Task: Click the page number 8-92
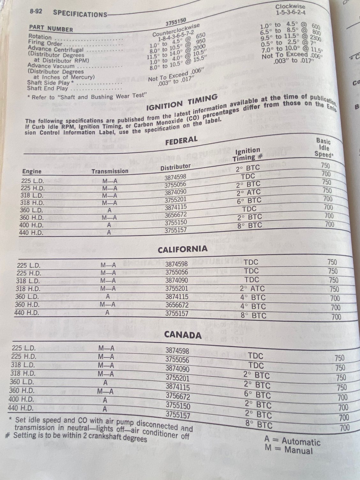pos(36,12)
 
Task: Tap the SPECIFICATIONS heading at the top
pos(80,14)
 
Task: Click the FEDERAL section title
pos(181,140)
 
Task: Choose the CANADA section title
pos(183,335)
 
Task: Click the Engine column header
pos(32,171)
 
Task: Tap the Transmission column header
pos(110,171)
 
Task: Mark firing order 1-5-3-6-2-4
pos(290,13)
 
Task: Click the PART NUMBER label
pos(51,29)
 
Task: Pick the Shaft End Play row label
pos(48,88)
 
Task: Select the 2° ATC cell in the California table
pos(252,289)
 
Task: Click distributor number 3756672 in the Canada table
pos(178,397)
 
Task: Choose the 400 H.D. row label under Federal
pos(31,225)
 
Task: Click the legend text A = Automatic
pos(292,441)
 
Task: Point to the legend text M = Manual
pos(289,451)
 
